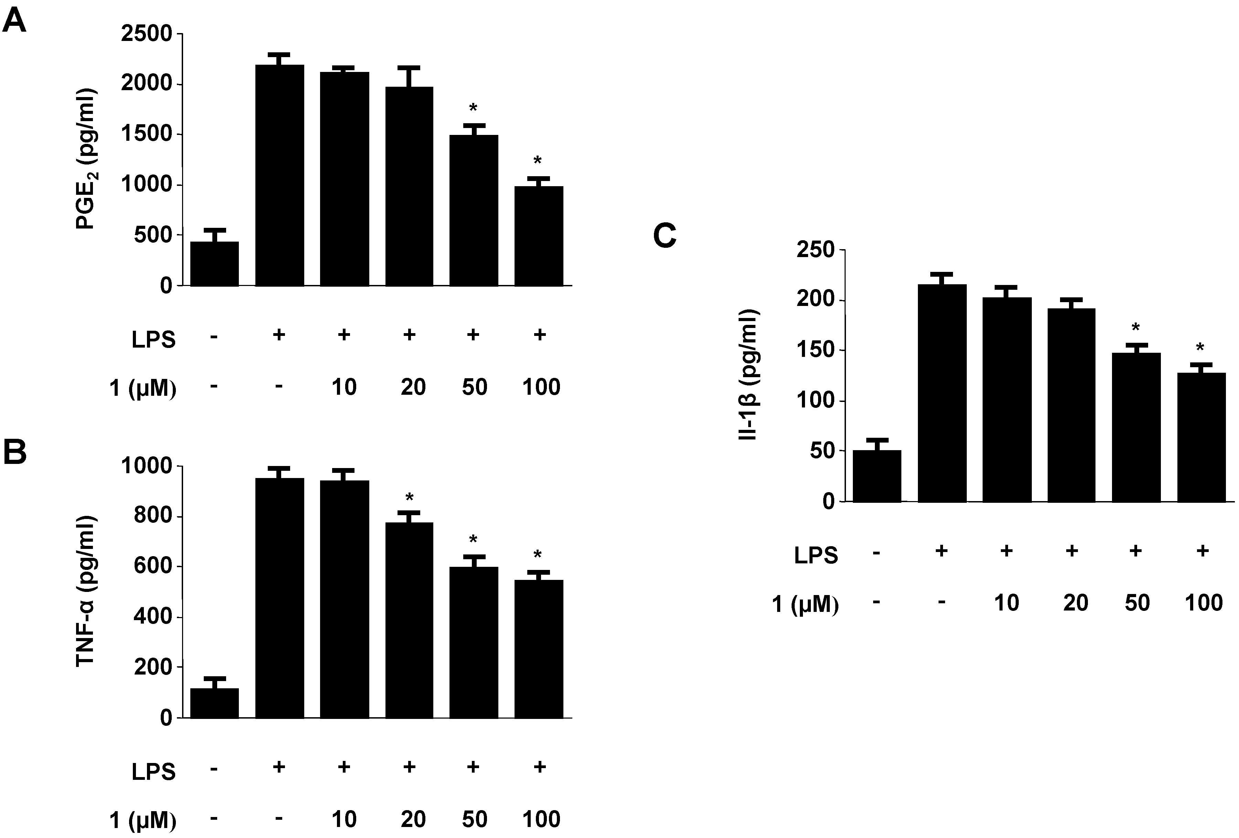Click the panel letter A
point(14,22)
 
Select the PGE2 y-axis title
point(85,159)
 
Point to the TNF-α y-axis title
point(85,591)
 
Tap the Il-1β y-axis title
point(749,375)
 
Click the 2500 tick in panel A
point(147,34)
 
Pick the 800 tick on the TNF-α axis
point(153,516)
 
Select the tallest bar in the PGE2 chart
point(280,176)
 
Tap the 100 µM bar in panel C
point(1201,437)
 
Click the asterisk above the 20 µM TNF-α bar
point(409,498)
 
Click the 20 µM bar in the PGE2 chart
point(409,187)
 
